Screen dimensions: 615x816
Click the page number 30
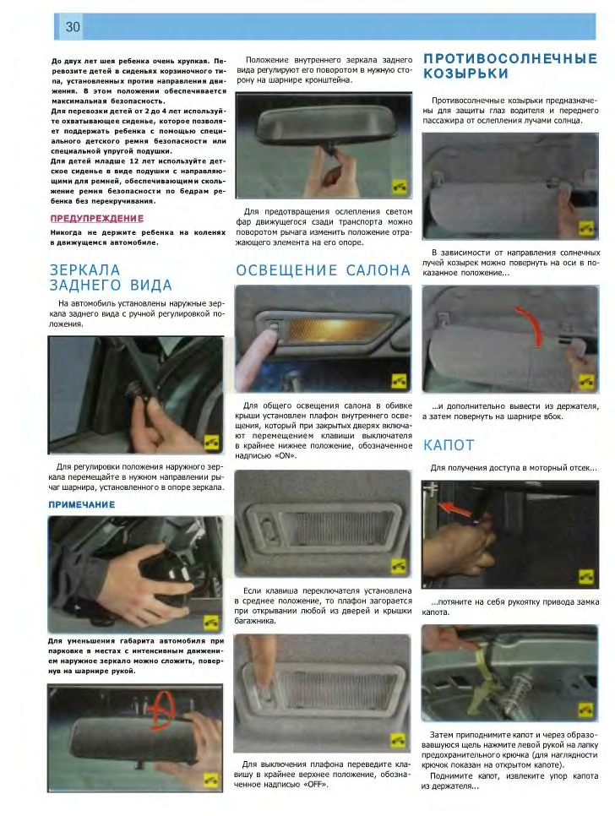click(73, 26)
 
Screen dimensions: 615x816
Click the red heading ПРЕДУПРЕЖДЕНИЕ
click(97, 219)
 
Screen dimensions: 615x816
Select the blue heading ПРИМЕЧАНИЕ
click(82, 505)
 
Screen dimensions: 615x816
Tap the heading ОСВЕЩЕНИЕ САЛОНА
click(323, 270)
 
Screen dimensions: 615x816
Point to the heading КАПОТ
click(449, 445)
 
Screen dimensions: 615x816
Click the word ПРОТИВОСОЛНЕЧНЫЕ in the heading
click(510, 58)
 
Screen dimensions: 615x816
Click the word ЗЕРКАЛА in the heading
click(84, 270)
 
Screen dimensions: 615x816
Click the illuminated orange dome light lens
click(338, 332)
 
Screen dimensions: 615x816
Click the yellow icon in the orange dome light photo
click(399, 382)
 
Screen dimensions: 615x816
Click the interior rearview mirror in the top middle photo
click(324, 127)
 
